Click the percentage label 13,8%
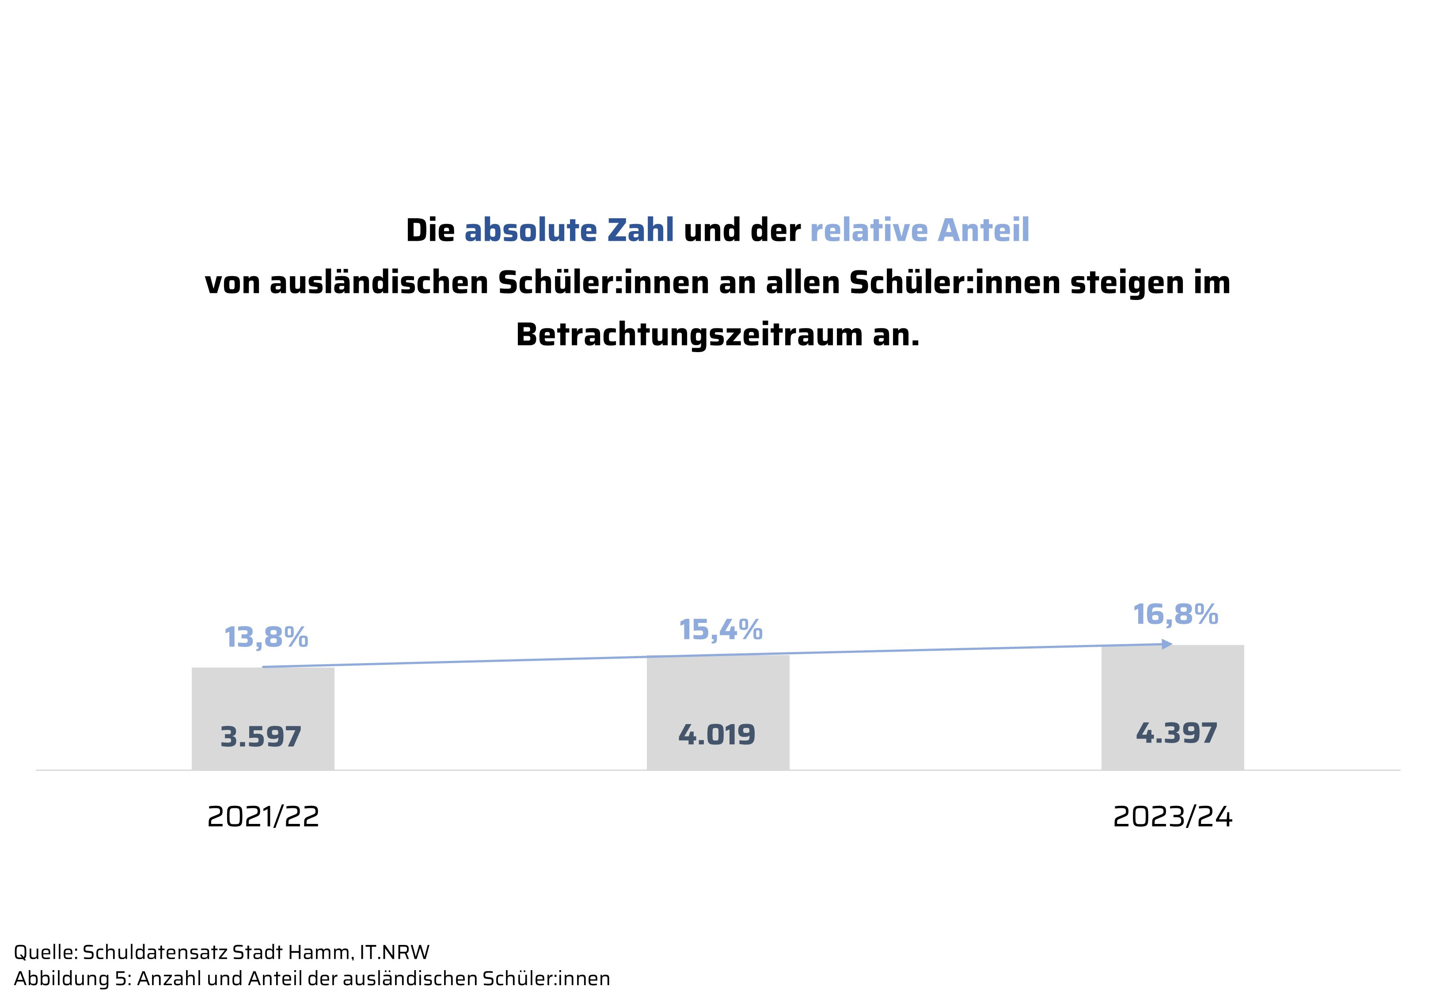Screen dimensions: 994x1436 [266, 637]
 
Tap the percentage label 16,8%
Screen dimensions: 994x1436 [1175, 615]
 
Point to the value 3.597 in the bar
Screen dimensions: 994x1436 [261, 737]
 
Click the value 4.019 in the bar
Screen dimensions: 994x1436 [717, 735]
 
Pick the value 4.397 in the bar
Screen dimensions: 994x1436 [1176, 733]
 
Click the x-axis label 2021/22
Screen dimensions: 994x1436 [263, 816]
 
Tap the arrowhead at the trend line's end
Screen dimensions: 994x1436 [1167, 644]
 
